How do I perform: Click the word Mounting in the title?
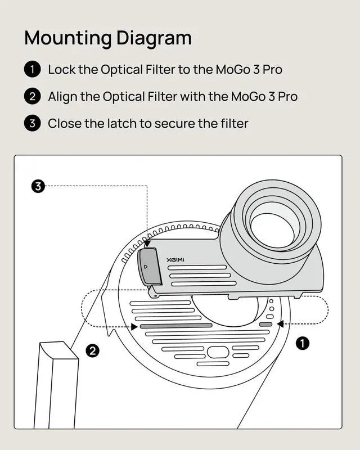tap(67, 38)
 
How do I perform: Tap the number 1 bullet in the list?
tap(32, 69)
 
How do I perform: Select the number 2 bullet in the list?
tap(32, 96)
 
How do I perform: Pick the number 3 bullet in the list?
tap(32, 123)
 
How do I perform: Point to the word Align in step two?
tap(62, 96)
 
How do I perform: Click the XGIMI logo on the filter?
tap(175, 260)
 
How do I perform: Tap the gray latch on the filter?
tap(149, 266)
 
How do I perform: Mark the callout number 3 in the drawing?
tap(38, 186)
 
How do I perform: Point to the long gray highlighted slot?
tap(175, 325)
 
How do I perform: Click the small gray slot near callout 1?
tap(265, 324)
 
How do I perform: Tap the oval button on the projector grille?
tap(217, 353)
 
